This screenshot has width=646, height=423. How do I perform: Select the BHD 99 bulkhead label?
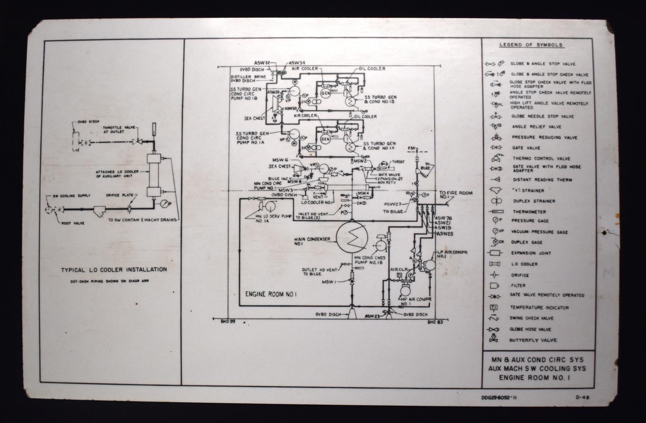[228, 322]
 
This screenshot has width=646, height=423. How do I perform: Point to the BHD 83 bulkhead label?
[435, 322]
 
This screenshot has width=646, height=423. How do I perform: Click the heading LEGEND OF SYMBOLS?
[531, 45]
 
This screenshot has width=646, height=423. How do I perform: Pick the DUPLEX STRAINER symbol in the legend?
[496, 201]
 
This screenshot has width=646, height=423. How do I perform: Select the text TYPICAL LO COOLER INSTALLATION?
[113, 269]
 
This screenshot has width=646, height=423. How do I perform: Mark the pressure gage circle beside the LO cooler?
[164, 203]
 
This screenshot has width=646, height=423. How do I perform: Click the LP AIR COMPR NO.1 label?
[453, 254]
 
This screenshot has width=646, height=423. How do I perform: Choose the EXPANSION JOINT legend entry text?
[531, 253]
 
